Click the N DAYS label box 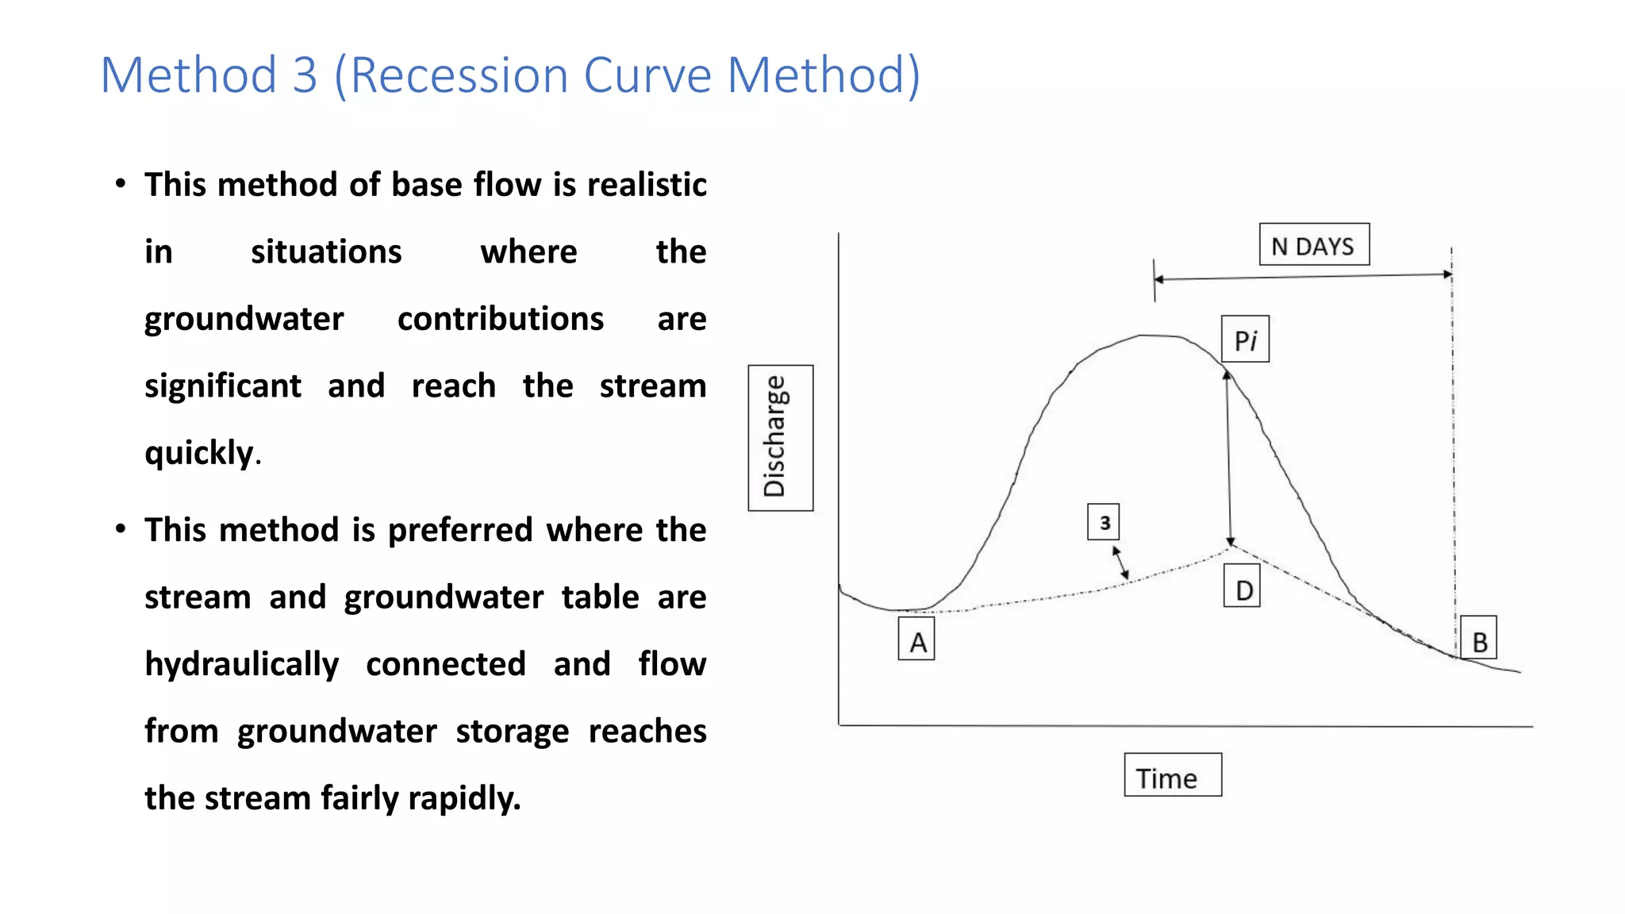click(1313, 245)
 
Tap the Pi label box click(1245, 340)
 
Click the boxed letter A click(916, 639)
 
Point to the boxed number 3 click(1103, 522)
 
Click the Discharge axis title click(780, 437)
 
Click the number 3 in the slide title click(305, 75)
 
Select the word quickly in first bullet click(199, 453)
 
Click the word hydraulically click(241, 664)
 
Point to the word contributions click(500, 319)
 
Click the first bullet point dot click(121, 184)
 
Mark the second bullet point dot click(121, 528)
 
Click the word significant click(223, 386)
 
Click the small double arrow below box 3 click(1120, 563)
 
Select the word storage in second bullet click(512, 731)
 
